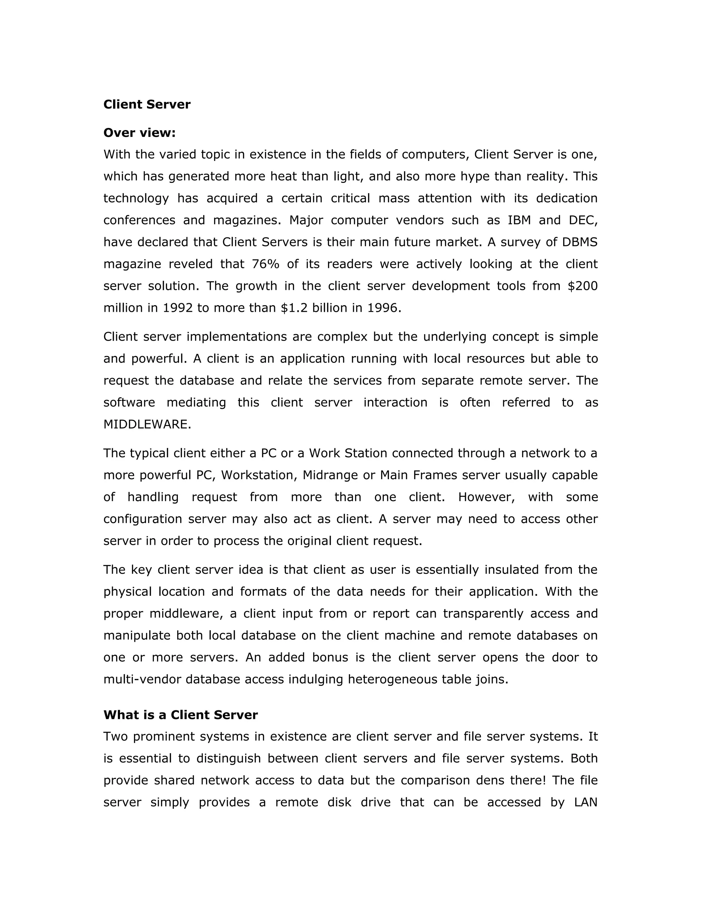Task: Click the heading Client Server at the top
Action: [x=146, y=105]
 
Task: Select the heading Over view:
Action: [x=139, y=133]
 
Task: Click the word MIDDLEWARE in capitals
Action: [x=147, y=425]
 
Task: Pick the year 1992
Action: [x=178, y=308]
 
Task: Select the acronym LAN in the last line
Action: [x=585, y=802]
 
